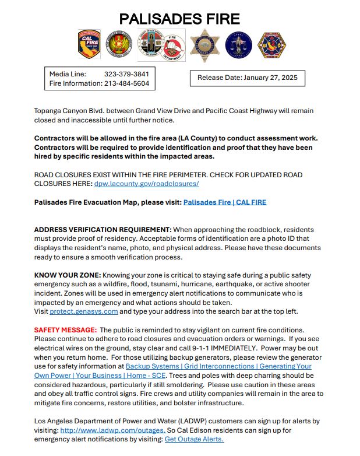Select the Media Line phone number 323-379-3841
[126, 74]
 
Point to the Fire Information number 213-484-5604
[126, 83]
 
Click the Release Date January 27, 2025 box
[247, 78]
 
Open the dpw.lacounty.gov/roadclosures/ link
[146, 183]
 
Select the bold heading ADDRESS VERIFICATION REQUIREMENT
[103, 230]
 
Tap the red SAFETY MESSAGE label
[65, 329]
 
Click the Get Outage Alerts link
[194, 439]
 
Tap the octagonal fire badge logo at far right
[272, 45]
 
